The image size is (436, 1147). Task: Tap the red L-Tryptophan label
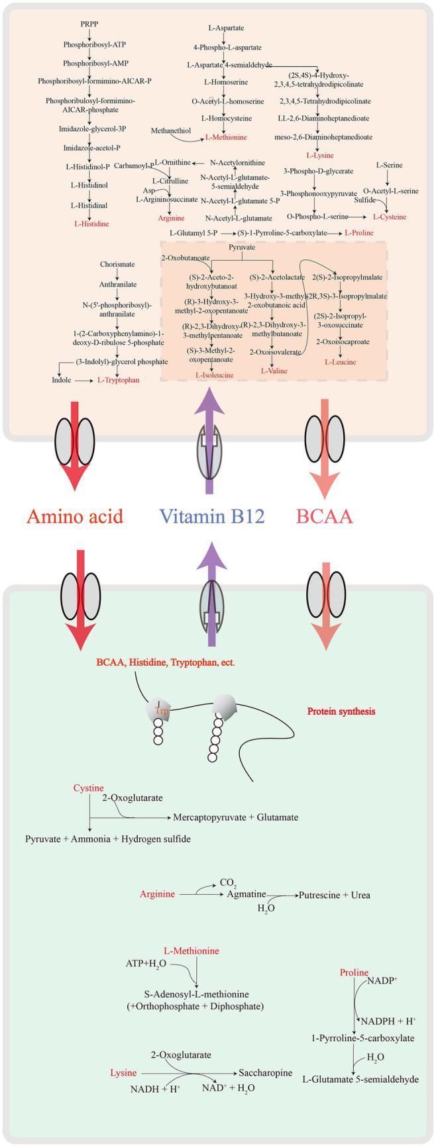[x=119, y=380]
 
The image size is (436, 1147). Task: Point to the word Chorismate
[x=117, y=264]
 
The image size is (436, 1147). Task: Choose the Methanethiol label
[x=171, y=131]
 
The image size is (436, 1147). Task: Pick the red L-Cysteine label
[x=390, y=216]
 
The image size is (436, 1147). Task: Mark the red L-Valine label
[x=274, y=371]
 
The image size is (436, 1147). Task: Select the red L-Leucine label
[x=340, y=362]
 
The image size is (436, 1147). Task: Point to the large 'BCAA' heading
[x=324, y=516]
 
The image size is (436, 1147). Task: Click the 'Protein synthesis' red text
[x=341, y=711]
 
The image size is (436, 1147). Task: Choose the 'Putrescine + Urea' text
[x=334, y=895]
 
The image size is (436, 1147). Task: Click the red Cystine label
[x=88, y=788]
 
